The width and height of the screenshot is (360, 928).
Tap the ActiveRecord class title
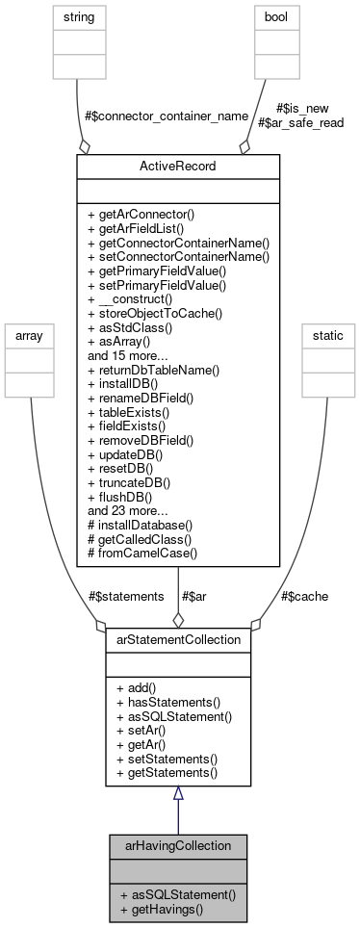(x=177, y=166)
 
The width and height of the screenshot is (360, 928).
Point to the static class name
(x=326, y=333)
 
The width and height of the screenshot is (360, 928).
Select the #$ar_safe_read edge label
(x=300, y=122)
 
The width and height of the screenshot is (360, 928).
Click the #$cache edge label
(x=304, y=596)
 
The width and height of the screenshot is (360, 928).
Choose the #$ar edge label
(x=193, y=596)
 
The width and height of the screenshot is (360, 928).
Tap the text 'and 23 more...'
(x=129, y=512)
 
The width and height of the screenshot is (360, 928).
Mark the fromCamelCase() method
(x=145, y=554)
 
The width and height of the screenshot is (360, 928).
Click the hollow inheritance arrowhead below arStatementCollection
(x=177, y=793)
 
